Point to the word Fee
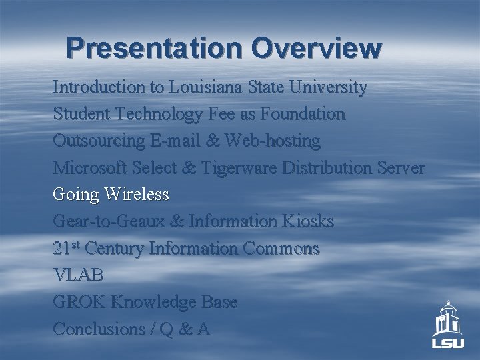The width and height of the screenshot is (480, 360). click(x=223, y=114)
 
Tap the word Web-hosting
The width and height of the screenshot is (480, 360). click(x=273, y=141)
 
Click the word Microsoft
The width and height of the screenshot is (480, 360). click(x=87, y=168)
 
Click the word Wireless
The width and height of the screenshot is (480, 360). click(x=137, y=195)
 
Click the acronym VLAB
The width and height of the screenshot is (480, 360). click(x=79, y=275)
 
